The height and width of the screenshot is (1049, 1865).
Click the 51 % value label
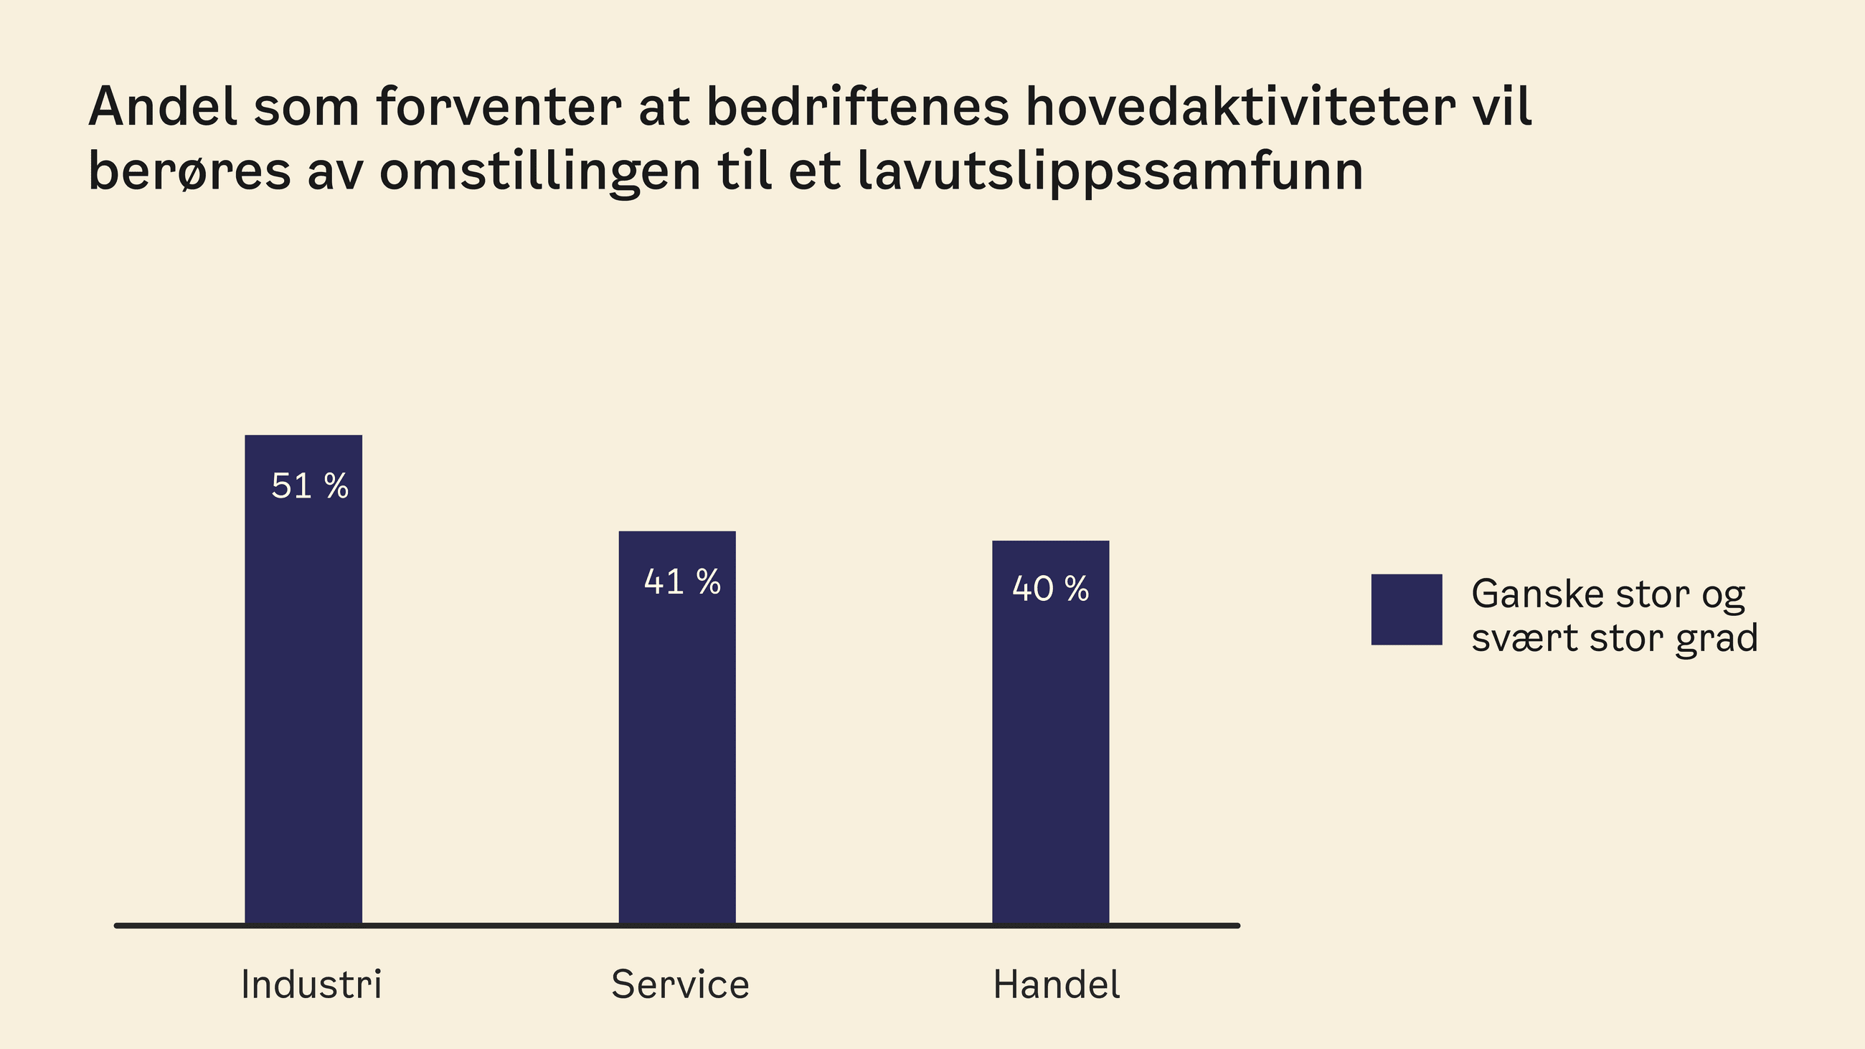[310, 485]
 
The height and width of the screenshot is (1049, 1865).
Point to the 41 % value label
[682, 582]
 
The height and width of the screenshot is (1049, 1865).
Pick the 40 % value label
[1051, 589]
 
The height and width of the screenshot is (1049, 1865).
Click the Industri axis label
[311, 984]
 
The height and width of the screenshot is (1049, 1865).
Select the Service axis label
[680, 984]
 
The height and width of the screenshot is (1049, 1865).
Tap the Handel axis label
[1057, 984]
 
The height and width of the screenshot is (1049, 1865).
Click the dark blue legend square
[1406, 609]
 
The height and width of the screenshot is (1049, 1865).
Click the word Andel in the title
[163, 107]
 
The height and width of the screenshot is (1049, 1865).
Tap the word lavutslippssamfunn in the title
[1110, 172]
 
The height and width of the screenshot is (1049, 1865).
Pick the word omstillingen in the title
[540, 172]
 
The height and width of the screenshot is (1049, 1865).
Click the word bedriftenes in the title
[857, 107]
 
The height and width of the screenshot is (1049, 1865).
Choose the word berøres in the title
[189, 172]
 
